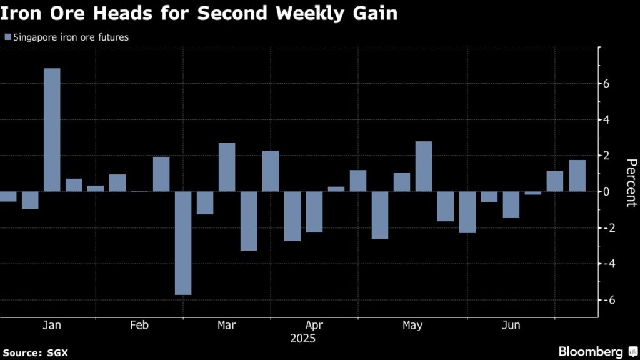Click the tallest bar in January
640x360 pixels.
52,129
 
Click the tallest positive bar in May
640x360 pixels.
424,166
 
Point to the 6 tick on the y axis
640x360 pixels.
606,84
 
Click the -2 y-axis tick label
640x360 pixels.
604,228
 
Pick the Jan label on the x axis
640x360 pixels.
51,326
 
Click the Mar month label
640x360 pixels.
226,326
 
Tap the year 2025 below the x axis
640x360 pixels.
303,339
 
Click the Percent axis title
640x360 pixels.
631,182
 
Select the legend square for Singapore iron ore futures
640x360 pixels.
7,37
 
